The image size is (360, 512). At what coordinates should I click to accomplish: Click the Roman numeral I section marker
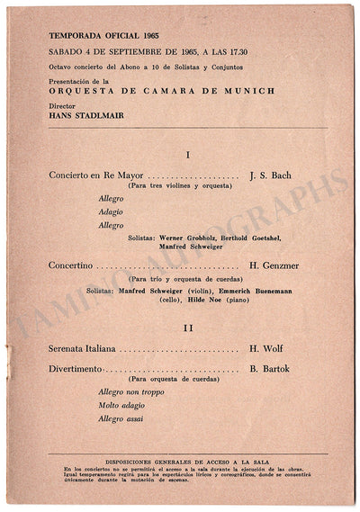coord(186,155)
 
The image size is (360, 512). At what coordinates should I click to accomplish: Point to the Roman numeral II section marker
coord(186,328)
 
